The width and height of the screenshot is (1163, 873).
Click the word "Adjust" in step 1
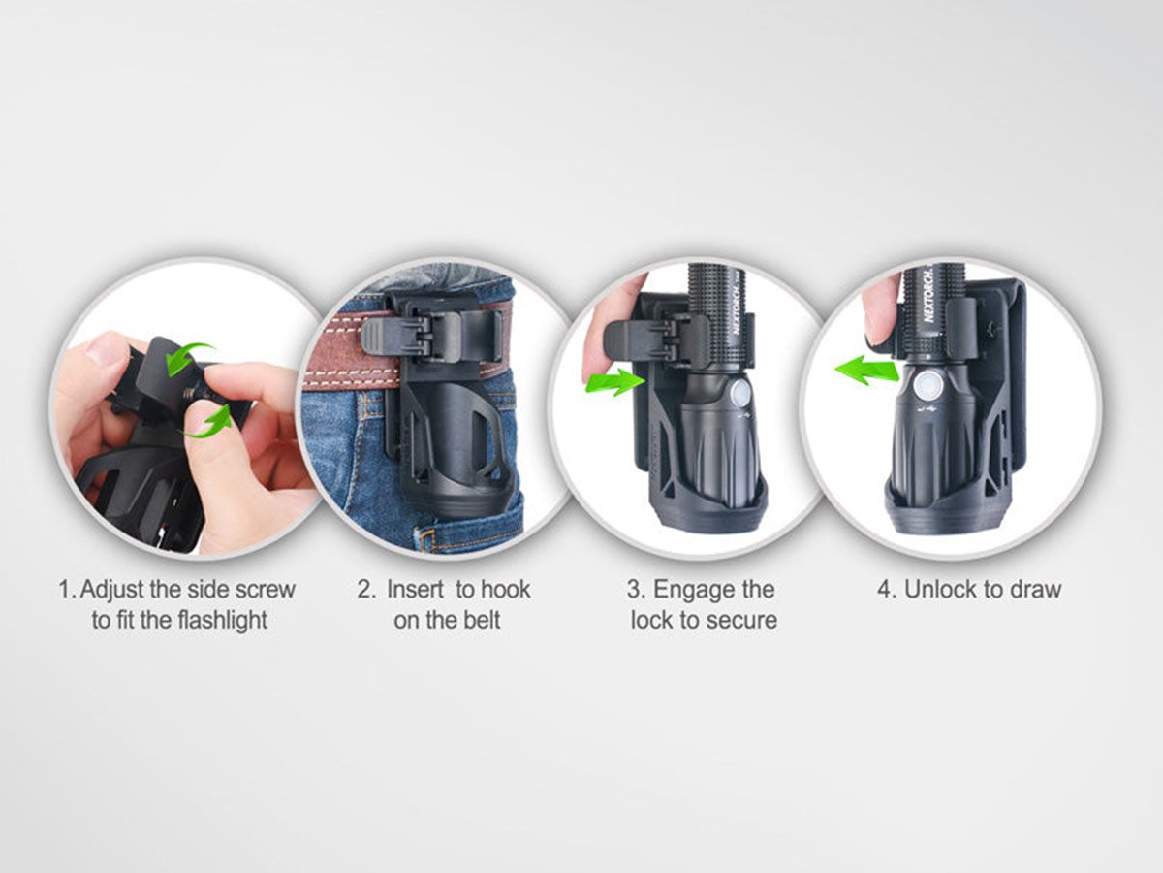click(x=112, y=591)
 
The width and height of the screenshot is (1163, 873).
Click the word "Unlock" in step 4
click(x=939, y=590)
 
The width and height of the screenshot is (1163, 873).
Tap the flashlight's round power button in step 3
click(x=739, y=395)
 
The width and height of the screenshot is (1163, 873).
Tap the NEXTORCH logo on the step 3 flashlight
click(x=741, y=311)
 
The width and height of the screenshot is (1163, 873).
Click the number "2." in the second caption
click(x=366, y=590)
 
